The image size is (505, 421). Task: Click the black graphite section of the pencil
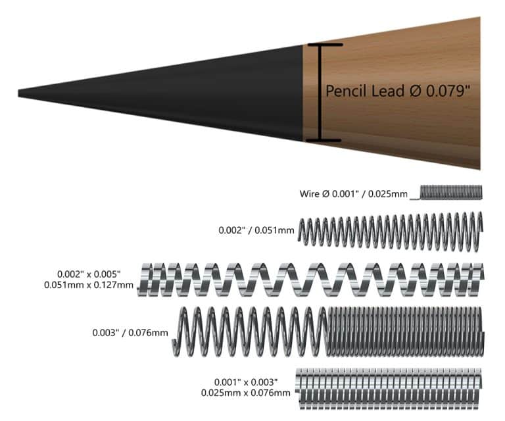tap(217, 92)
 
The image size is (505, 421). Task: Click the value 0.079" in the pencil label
tap(448, 91)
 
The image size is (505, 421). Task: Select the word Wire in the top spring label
tap(310, 194)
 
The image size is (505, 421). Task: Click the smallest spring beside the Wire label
tap(450, 192)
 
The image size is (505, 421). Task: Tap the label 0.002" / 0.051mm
tap(256, 231)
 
